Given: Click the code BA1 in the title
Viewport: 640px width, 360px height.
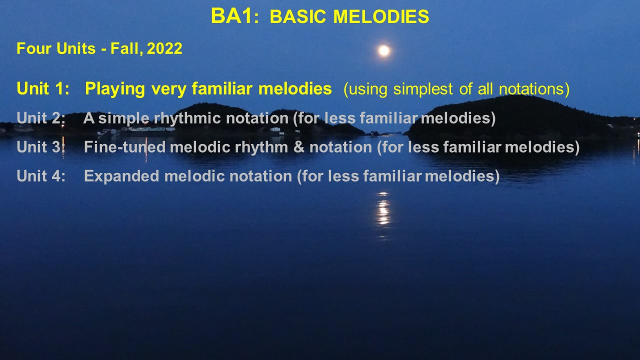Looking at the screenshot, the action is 231,16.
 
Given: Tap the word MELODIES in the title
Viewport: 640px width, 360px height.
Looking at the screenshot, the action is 381,16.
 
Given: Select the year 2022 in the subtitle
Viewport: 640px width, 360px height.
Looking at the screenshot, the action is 164,48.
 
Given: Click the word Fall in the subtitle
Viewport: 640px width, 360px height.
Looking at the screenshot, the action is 126,48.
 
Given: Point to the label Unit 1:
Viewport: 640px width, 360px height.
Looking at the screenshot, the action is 43,88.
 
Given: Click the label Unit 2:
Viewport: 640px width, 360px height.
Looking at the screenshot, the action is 41,118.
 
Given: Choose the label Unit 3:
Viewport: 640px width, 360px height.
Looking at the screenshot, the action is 41,147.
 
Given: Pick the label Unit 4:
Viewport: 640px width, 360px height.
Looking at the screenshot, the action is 41,175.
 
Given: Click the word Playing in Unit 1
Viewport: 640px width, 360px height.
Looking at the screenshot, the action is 115,89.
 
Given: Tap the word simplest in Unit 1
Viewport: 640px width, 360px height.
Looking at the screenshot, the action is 423,89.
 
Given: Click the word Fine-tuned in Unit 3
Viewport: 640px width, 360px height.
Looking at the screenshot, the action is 125,147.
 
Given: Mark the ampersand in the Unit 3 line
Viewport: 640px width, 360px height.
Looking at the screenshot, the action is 299,147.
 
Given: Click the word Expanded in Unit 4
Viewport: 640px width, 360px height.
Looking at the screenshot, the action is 121,175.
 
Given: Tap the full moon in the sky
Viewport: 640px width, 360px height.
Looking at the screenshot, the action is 384,50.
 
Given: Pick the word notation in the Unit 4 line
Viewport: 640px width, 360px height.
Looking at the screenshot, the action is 261,175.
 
